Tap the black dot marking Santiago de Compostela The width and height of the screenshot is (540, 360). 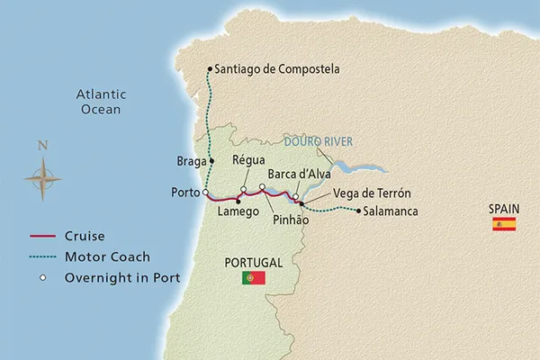(210, 69)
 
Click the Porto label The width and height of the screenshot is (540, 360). (184, 193)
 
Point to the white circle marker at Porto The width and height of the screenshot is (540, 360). (205, 193)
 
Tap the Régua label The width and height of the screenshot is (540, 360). (248, 159)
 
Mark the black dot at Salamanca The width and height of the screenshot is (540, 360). (359, 212)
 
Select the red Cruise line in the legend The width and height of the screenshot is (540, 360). (41, 237)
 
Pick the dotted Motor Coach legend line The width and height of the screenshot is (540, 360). (41, 257)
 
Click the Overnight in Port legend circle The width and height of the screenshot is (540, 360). (41, 278)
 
